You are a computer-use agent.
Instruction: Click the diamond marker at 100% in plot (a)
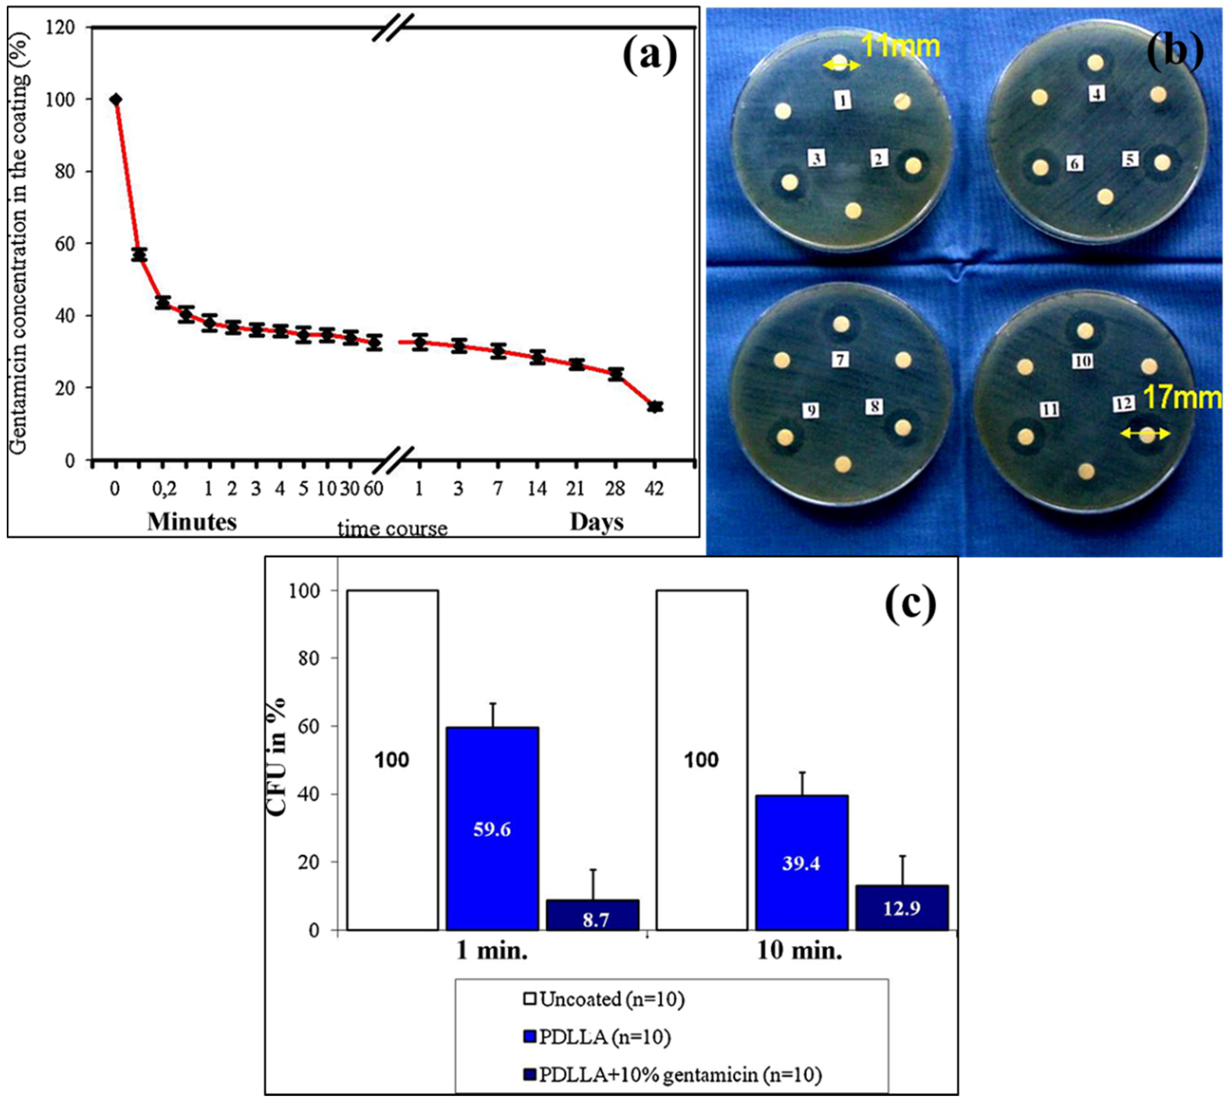click(x=115, y=100)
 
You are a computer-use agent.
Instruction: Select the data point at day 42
click(x=655, y=407)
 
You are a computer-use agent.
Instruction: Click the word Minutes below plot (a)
click(x=192, y=521)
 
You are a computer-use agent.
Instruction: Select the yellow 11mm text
click(x=901, y=46)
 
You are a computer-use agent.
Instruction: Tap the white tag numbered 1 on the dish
click(x=842, y=100)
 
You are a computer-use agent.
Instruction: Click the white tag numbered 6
click(x=1075, y=163)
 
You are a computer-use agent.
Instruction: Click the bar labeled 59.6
click(x=492, y=829)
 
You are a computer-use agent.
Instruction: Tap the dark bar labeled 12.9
click(x=902, y=909)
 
